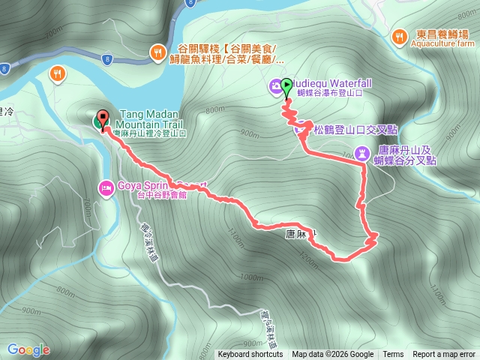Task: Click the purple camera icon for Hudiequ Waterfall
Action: coord(276,86)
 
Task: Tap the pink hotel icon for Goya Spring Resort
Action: coord(106,186)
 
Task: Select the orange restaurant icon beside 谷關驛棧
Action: coord(157,52)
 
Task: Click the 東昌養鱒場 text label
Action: coord(444,34)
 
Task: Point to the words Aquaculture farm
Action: coord(444,44)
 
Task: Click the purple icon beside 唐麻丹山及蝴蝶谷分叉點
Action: coord(364,154)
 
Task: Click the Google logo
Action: coord(28,349)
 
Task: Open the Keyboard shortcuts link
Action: coord(250,355)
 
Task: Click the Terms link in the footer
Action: coord(393,355)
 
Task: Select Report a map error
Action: coord(444,355)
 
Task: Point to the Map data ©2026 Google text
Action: coord(332,355)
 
